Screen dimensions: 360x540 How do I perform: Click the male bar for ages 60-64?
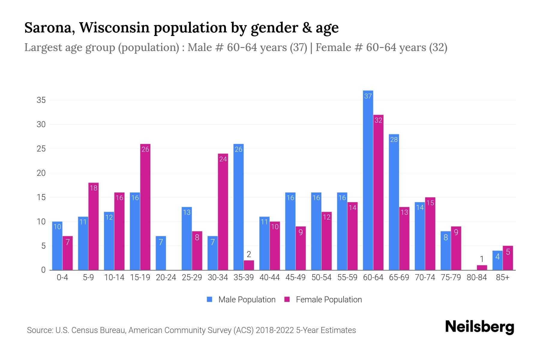point(368,180)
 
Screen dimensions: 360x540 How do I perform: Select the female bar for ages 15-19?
point(145,207)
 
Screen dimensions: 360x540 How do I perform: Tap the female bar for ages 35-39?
point(249,265)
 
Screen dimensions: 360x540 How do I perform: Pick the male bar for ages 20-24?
point(161,253)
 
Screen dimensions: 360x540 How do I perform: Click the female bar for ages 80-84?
point(482,268)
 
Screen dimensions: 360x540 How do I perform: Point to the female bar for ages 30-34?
point(223,212)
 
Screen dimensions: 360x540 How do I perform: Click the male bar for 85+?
point(497,260)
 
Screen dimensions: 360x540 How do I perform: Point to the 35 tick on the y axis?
point(41,100)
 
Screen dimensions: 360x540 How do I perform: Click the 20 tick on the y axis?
point(41,173)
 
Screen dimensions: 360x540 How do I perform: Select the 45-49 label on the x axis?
point(295,277)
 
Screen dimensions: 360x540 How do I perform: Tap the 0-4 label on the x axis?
point(62,277)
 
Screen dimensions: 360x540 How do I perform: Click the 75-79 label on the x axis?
point(451,277)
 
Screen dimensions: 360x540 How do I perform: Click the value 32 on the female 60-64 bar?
point(378,120)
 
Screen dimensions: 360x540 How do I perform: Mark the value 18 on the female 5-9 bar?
point(94,188)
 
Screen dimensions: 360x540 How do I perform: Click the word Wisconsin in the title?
point(114,28)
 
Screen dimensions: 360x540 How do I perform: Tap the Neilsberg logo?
point(479,327)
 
